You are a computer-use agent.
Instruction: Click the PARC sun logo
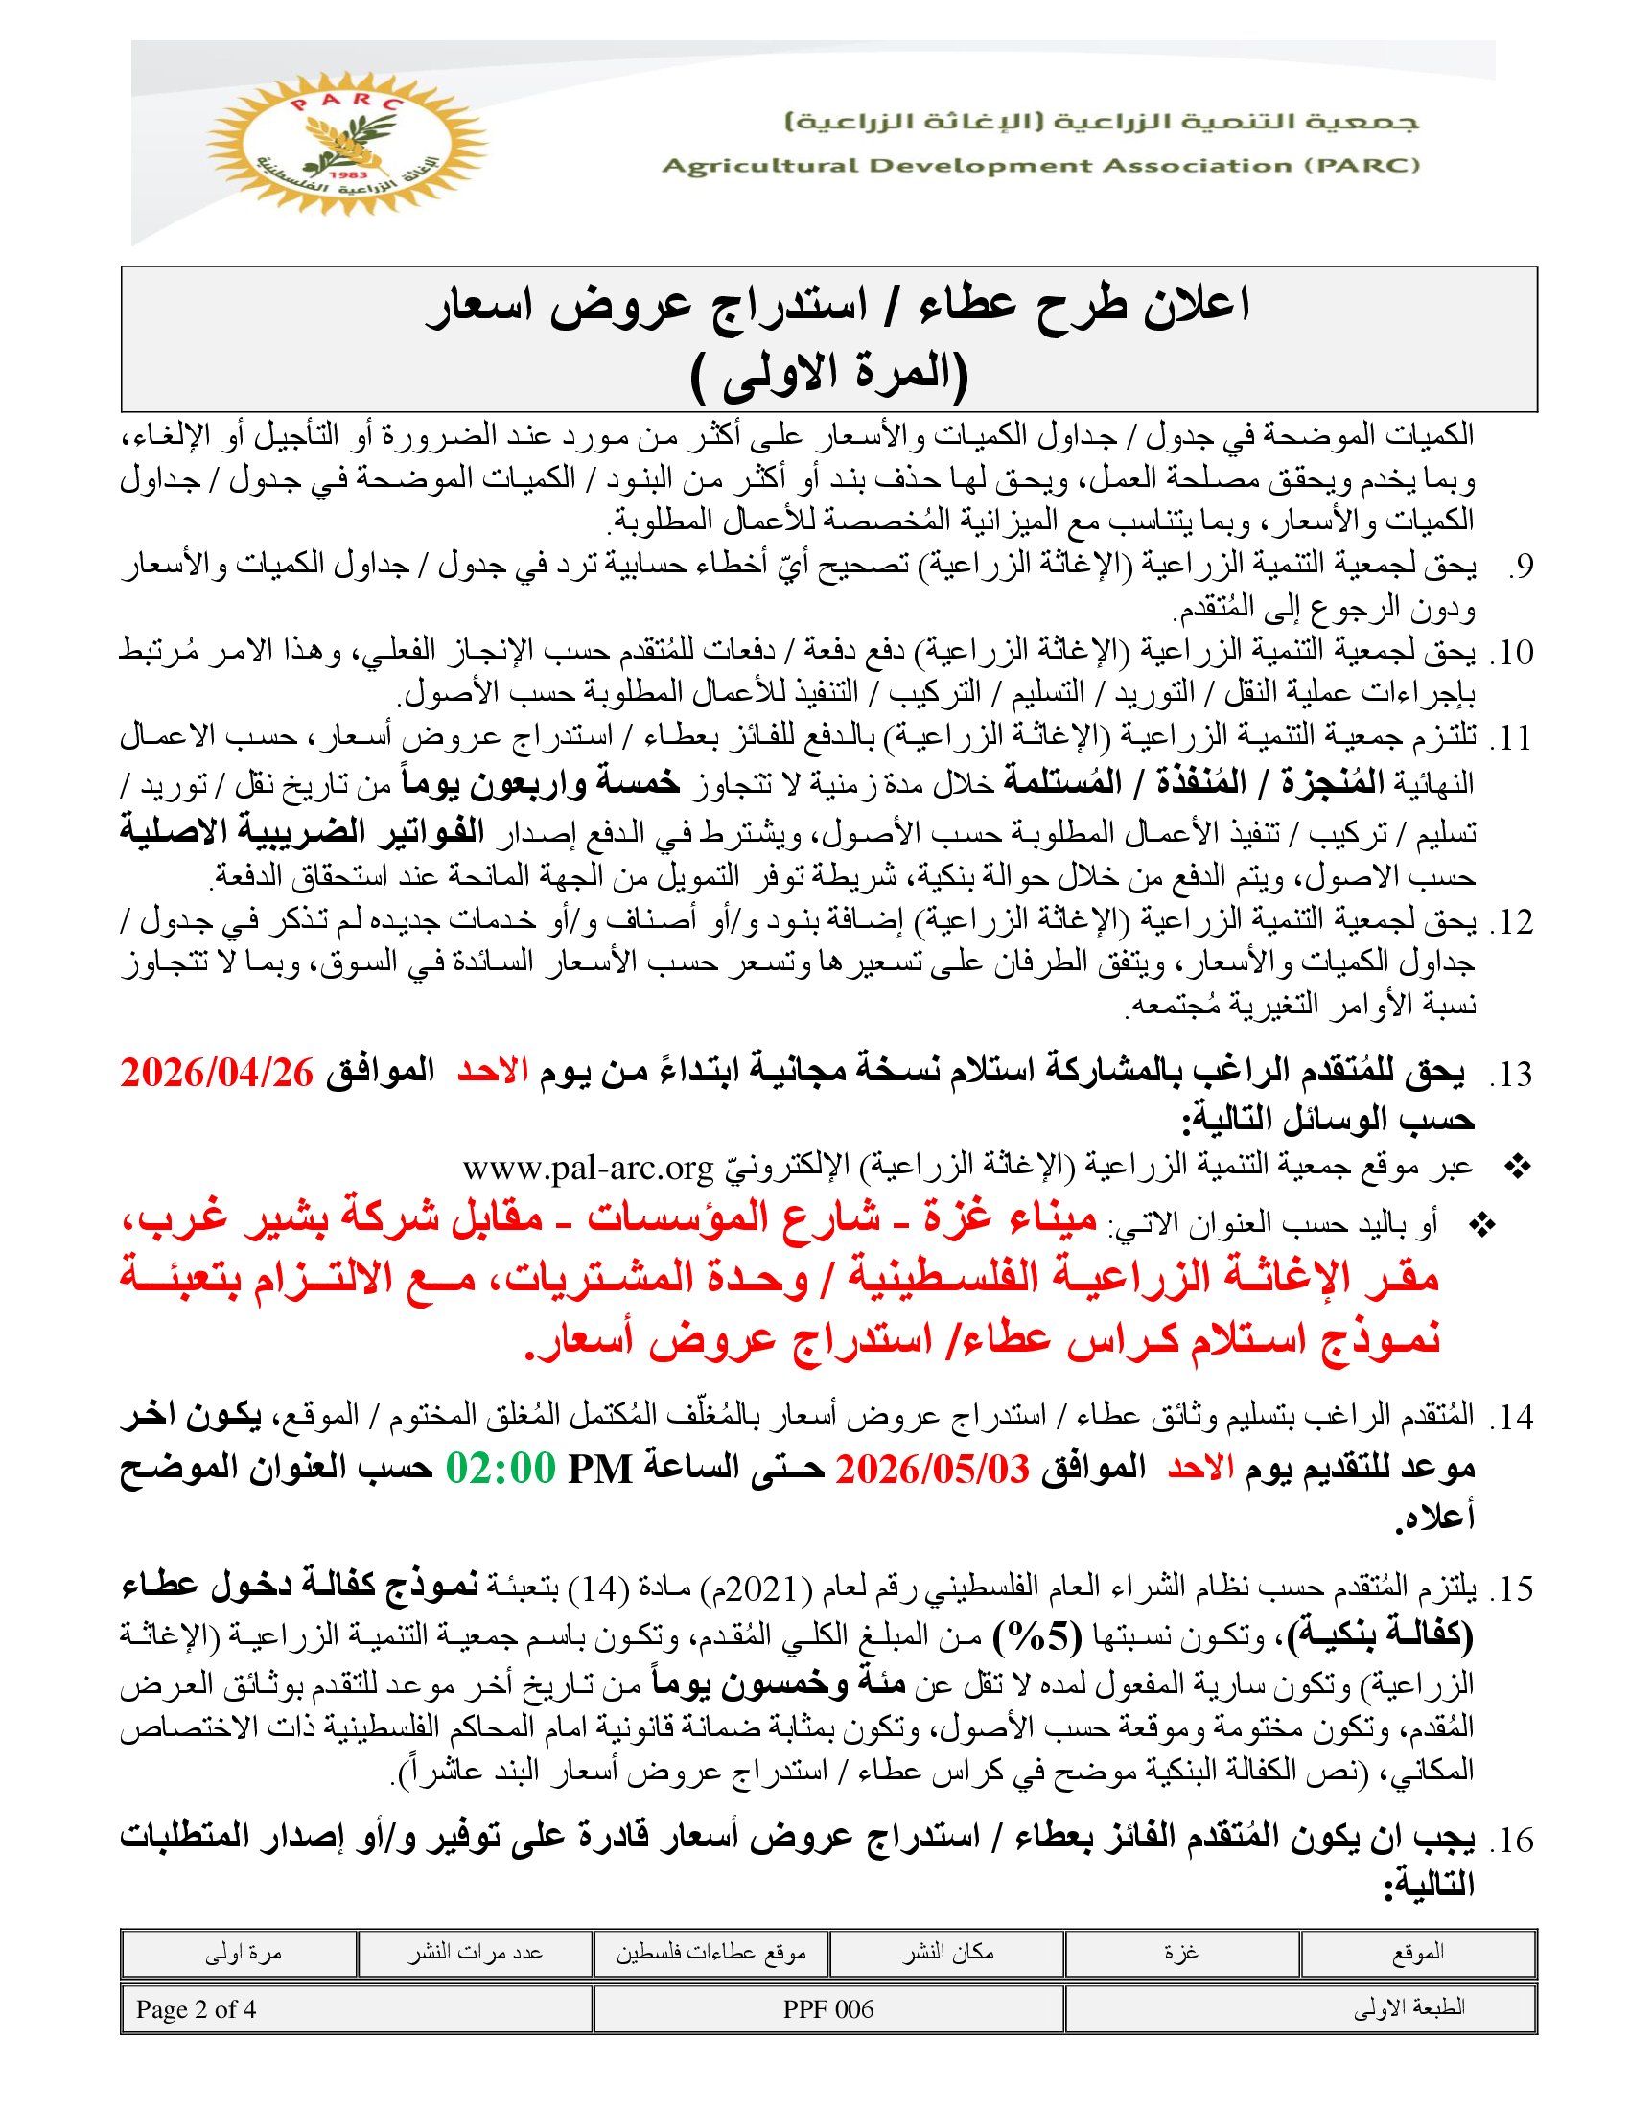(347, 145)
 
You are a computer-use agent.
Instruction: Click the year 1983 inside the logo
(345, 175)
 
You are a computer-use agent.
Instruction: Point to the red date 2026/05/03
(932, 1470)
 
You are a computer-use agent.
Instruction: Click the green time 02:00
(501, 1470)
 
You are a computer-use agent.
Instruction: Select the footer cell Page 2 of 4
(197, 2009)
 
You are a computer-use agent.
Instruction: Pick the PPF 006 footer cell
(828, 2009)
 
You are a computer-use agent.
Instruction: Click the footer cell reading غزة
(1182, 1953)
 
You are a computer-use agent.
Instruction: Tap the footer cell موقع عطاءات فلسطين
(710, 1953)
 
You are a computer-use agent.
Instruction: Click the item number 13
(1511, 1075)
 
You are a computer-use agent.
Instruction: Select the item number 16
(1511, 1841)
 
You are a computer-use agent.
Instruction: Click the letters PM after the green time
(599, 1470)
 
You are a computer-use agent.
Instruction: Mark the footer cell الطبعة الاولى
(1409, 2009)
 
